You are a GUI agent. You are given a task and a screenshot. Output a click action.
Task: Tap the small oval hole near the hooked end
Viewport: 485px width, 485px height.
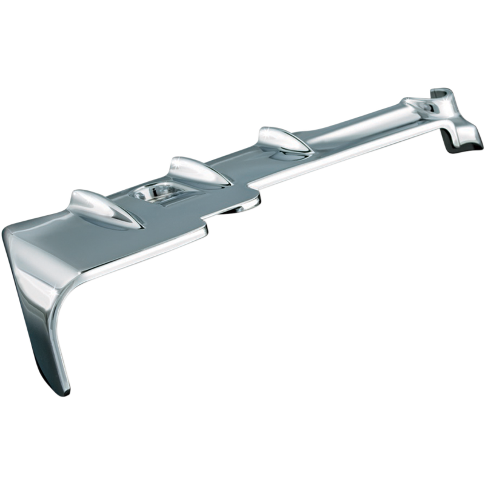432,109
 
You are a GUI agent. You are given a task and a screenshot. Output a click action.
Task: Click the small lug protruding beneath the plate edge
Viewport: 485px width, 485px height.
230,209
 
